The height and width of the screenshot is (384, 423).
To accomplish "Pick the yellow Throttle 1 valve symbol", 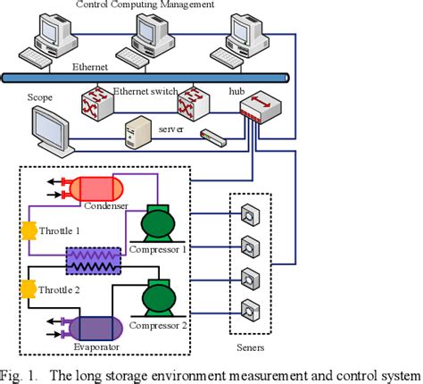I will click(28, 230).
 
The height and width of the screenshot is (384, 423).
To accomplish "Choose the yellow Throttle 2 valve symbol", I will click(28, 288).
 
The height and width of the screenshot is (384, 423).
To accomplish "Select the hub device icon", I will click(257, 109).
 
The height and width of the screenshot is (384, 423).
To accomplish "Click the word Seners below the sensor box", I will click(251, 345).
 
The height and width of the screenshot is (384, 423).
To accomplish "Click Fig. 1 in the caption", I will click(21, 373).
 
